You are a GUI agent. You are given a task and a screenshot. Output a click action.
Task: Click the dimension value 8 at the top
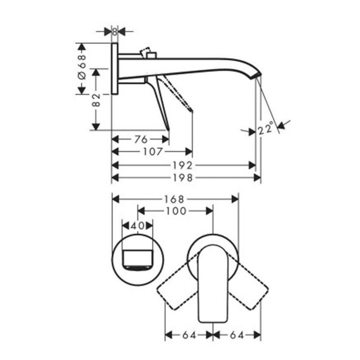(115, 31)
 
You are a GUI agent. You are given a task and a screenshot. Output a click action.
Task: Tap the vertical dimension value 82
(96, 100)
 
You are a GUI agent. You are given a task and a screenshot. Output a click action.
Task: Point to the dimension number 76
(140, 139)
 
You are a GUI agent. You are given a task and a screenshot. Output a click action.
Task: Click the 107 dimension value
(153, 152)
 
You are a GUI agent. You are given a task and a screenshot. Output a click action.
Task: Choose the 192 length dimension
(183, 165)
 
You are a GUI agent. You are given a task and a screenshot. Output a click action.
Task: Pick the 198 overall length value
(183, 178)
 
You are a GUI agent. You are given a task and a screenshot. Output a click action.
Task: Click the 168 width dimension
(174, 199)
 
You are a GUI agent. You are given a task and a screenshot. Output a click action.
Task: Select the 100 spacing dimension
(176, 211)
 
